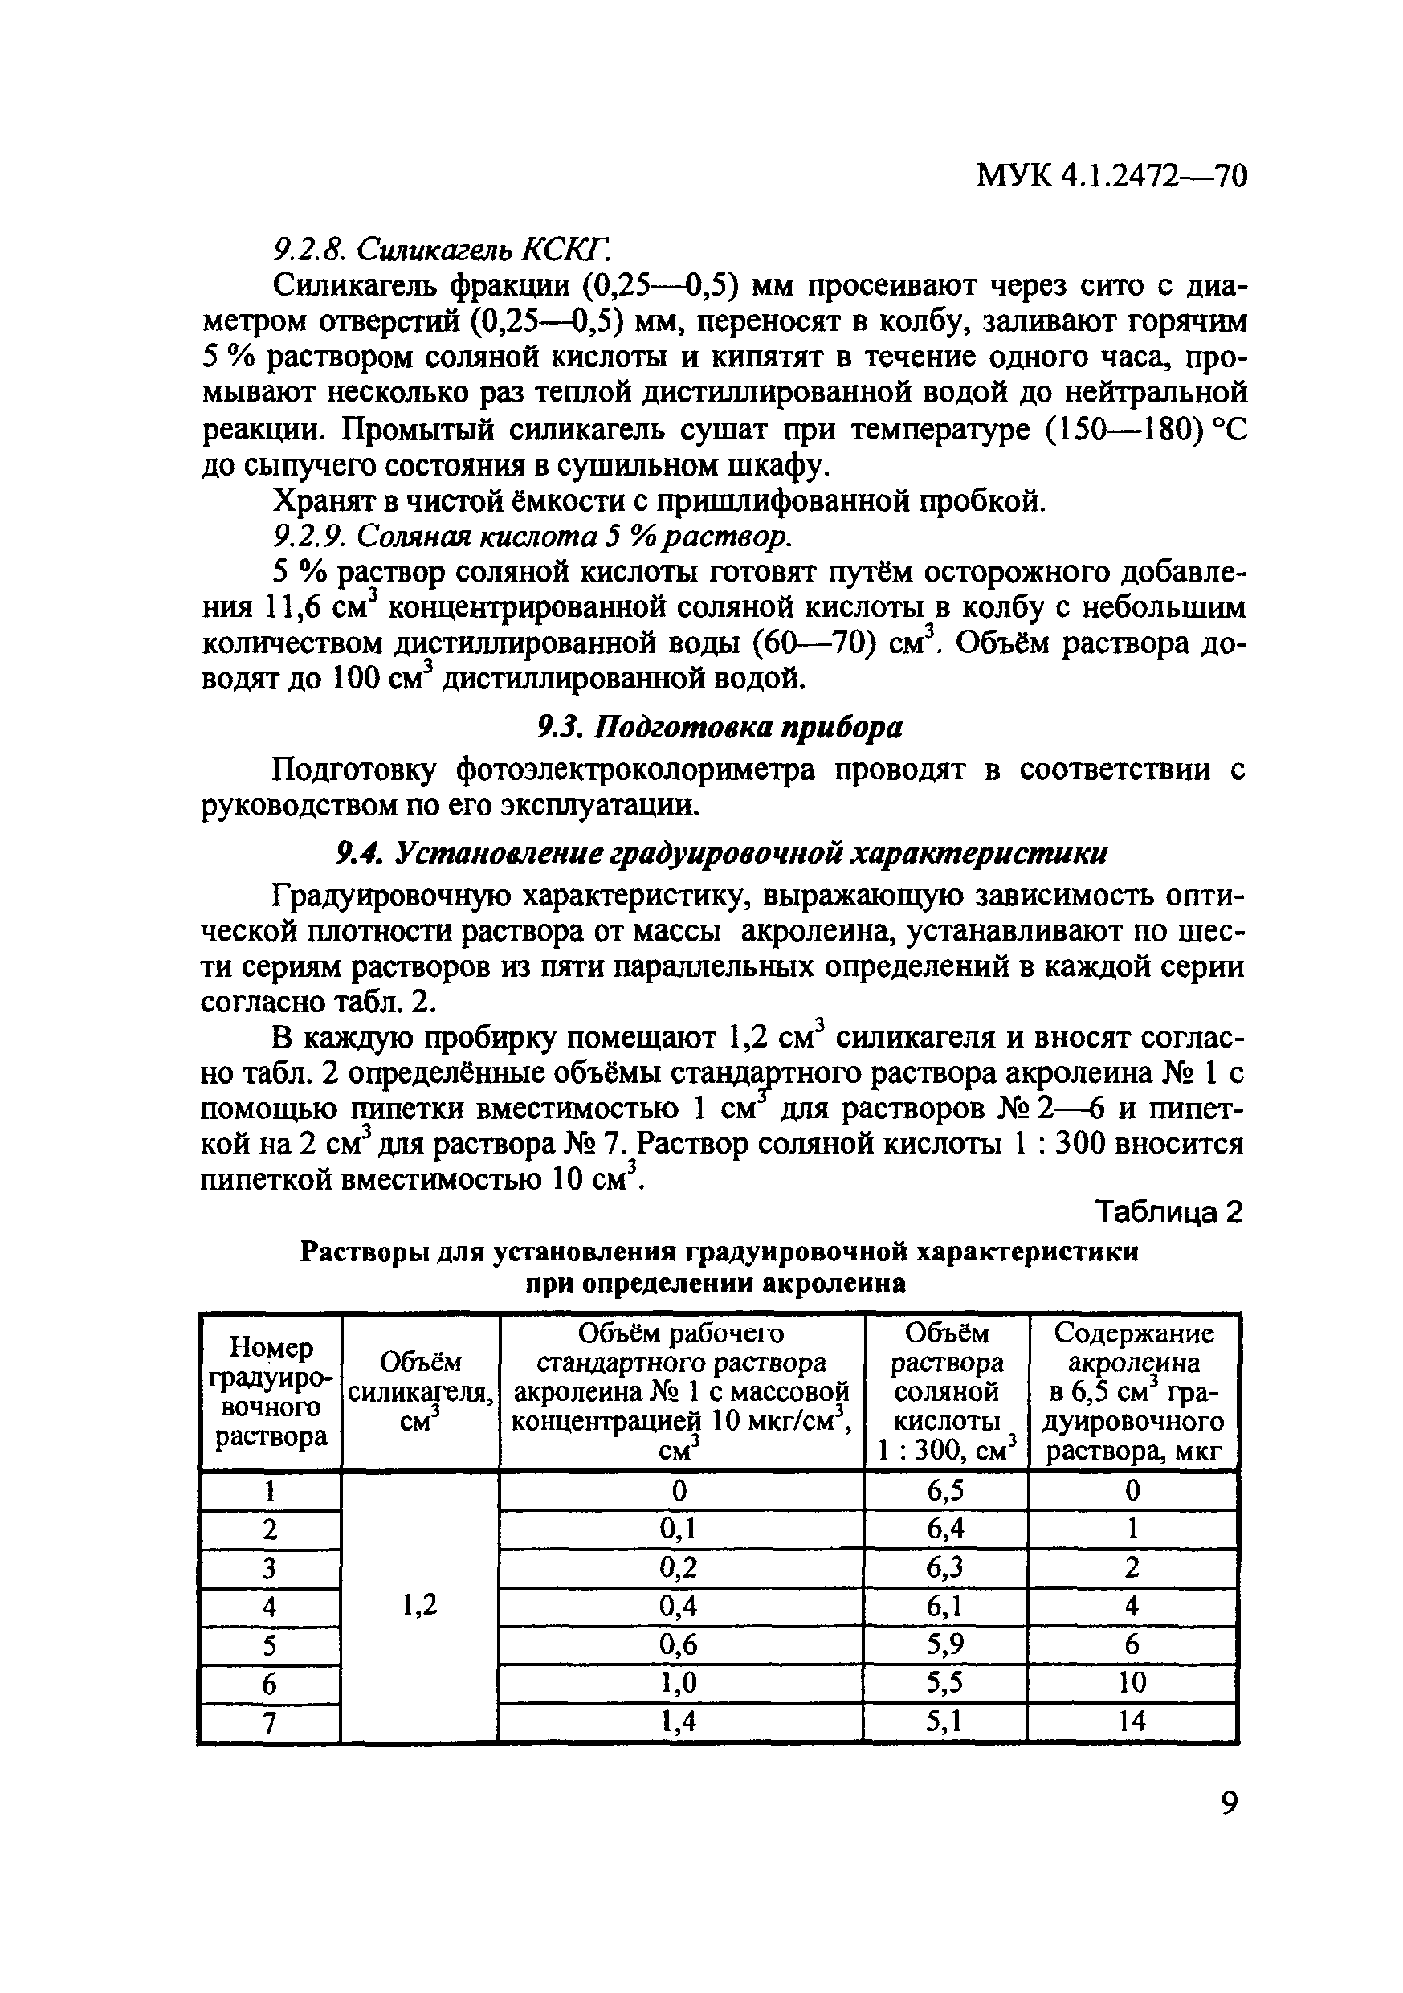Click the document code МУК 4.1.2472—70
pyautogui.click(x=1111, y=176)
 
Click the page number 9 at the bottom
pyautogui.click(x=1229, y=1803)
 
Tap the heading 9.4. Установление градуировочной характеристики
pyautogui.click(x=720, y=853)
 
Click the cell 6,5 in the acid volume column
pyautogui.click(x=946, y=1490)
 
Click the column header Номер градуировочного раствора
pyautogui.click(x=271, y=1391)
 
